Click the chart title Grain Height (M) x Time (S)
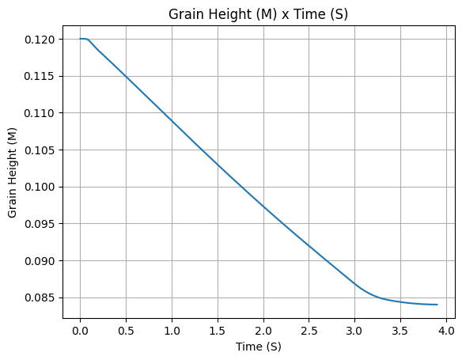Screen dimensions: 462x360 [258, 14]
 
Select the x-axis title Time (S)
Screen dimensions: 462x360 [258, 347]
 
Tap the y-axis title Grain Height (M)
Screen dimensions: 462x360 [12, 172]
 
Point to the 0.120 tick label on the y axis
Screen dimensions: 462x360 [40, 40]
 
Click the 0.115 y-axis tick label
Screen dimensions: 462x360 [40, 76]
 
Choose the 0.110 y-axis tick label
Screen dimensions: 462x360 [40, 113]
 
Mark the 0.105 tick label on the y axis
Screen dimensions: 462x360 [40, 150]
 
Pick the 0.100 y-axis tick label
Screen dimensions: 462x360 [40, 187]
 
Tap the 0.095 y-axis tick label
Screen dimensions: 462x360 [40, 224]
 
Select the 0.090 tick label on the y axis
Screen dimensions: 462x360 [40, 261]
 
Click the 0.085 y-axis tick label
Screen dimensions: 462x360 [40, 297]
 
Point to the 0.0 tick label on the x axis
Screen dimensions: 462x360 [80, 332]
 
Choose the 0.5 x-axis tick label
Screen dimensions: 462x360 [126, 332]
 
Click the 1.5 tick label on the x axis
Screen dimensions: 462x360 [218, 332]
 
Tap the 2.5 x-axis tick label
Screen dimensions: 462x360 [309, 332]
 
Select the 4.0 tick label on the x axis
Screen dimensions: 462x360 [447, 332]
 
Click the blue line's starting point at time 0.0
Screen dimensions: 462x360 [80, 39]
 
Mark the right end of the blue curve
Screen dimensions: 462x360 [437, 305]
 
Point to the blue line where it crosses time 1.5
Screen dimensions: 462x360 [218, 165]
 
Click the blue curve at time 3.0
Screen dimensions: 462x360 [354, 284]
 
